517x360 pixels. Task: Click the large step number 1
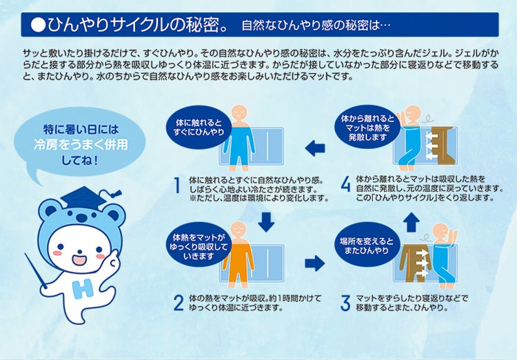(177, 185)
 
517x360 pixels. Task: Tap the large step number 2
(179, 303)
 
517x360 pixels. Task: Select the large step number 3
(345, 303)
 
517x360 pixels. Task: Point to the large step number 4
(345, 184)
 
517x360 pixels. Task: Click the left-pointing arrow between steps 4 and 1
(315, 148)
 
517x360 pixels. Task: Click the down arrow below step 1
(266, 222)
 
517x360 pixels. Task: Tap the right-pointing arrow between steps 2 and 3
(315, 263)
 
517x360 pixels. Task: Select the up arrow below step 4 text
(411, 222)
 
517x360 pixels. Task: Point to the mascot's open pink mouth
(79, 259)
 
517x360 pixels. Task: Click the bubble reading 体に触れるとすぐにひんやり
(199, 128)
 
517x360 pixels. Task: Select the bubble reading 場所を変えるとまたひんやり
(367, 246)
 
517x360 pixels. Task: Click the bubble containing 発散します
(367, 128)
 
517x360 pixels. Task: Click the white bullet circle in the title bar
(38, 25)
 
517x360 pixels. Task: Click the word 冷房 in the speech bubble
(45, 145)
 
